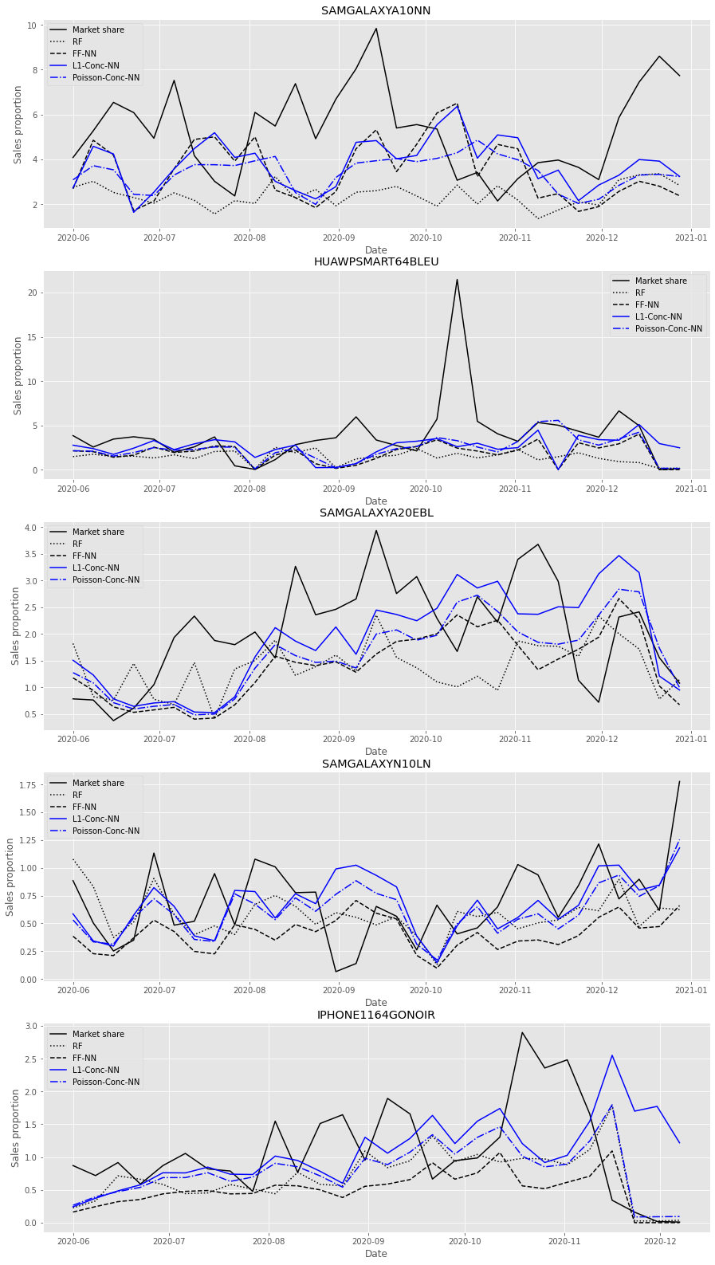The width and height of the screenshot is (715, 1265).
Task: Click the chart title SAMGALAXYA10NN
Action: [x=375, y=11]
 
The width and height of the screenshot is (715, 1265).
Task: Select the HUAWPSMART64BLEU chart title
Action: [x=375, y=262]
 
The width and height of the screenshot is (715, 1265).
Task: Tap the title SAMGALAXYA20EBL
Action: [x=375, y=513]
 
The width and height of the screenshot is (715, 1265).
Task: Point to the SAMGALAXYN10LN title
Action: [x=375, y=764]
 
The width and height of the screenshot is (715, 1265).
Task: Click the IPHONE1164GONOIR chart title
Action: [x=375, y=1016]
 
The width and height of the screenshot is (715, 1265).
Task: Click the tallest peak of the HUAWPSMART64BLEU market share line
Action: [x=457, y=280]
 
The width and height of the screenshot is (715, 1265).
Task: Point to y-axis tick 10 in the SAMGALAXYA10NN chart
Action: [x=33, y=26]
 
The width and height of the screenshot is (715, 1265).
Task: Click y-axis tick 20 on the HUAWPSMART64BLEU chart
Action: [x=33, y=293]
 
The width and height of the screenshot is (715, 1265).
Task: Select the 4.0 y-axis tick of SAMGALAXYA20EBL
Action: [x=29, y=528]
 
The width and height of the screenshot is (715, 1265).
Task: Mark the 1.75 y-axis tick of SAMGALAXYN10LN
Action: [x=27, y=785]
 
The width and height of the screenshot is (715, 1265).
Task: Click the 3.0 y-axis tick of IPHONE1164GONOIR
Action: [x=29, y=1027]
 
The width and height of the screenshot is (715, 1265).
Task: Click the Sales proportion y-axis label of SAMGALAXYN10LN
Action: [x=11, y=877]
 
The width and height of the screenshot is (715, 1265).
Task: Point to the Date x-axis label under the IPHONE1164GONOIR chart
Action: [x=375, y=1254]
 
